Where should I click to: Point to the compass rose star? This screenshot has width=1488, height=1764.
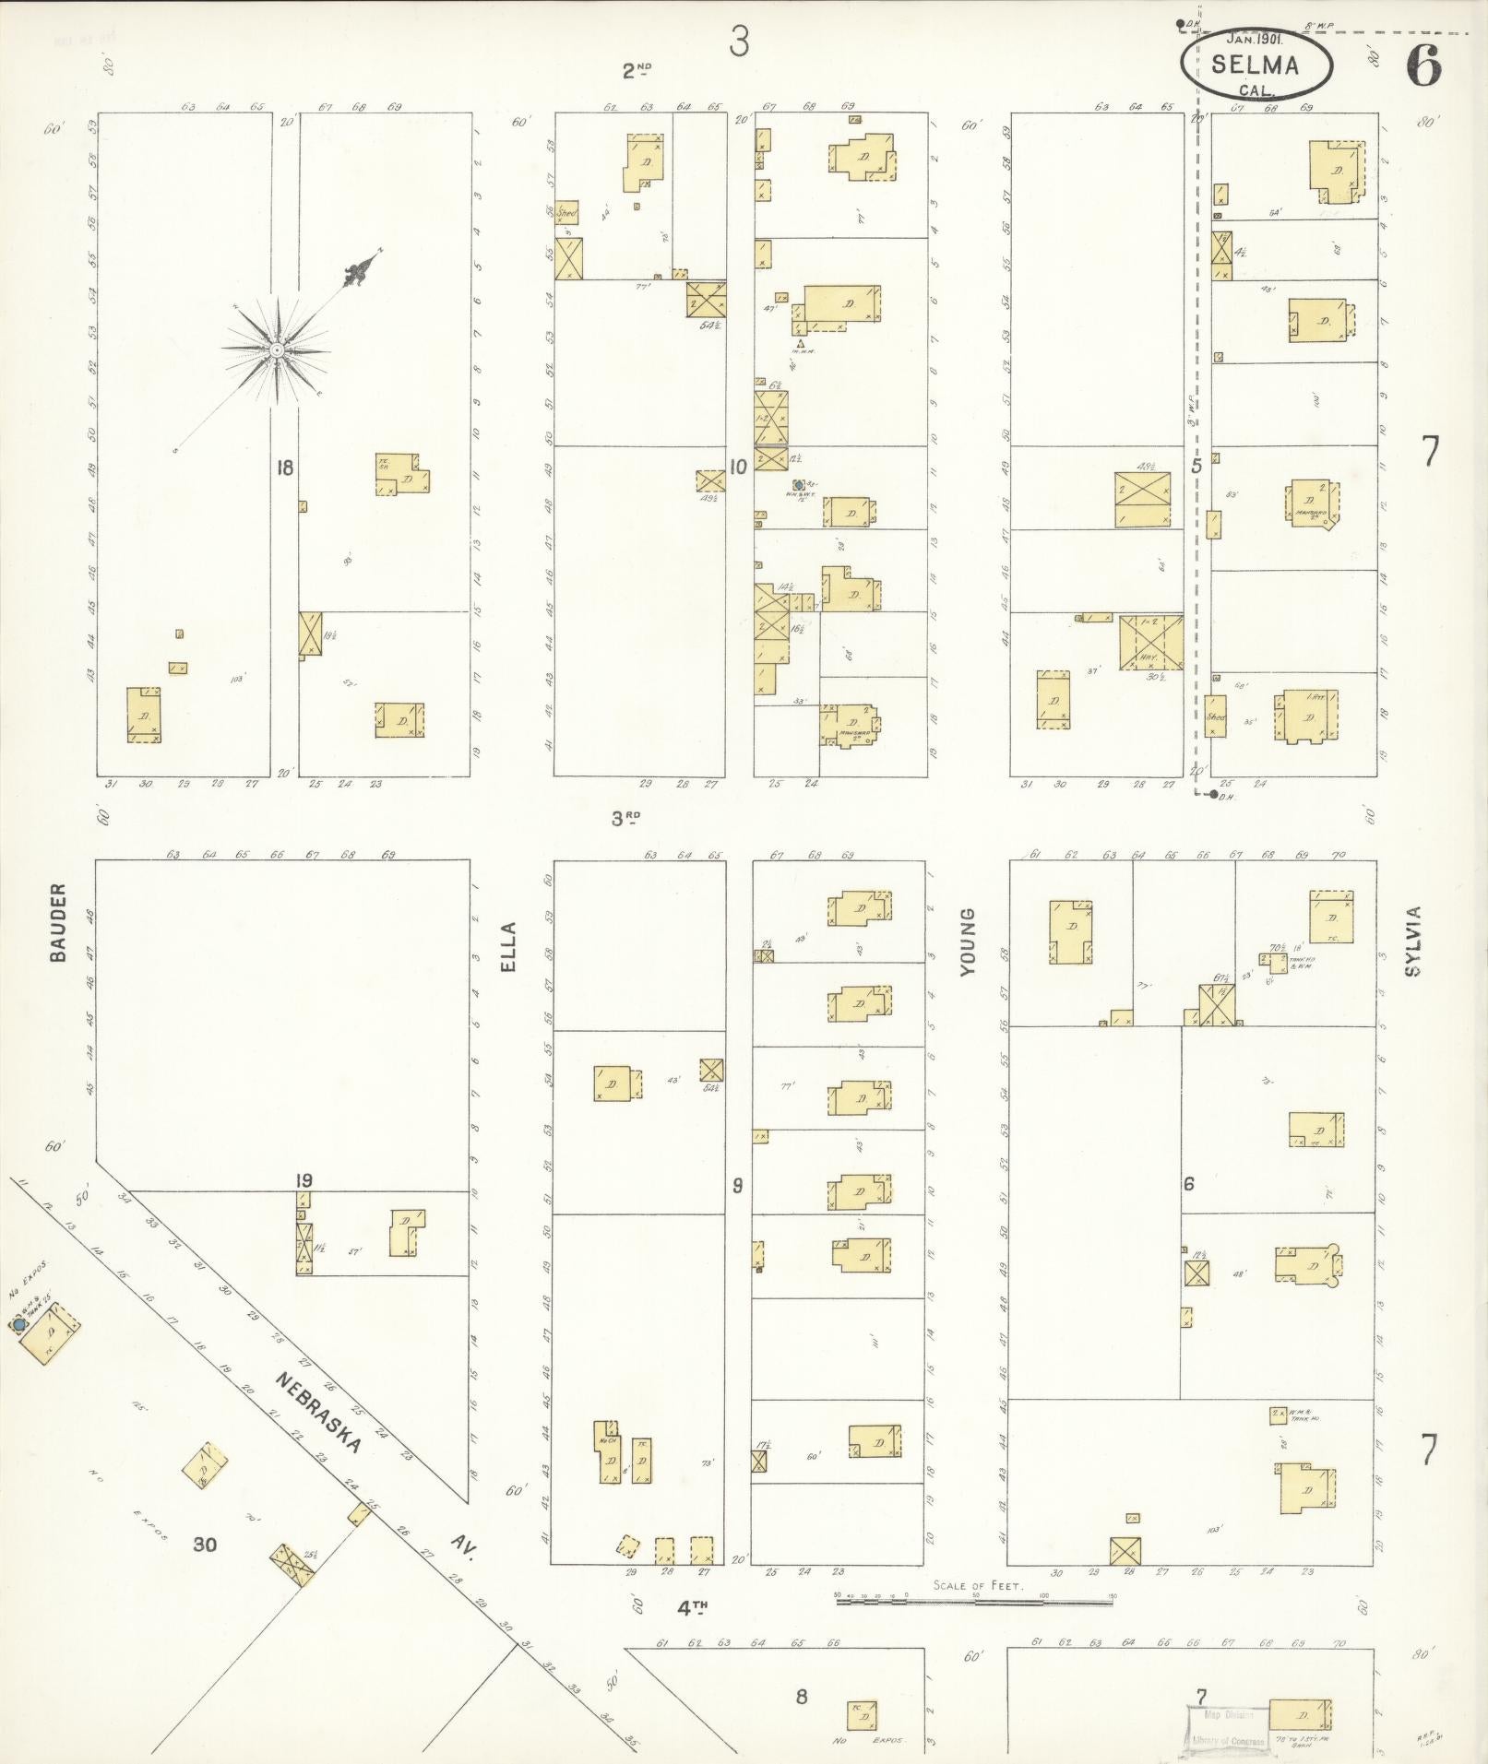pos(276,349)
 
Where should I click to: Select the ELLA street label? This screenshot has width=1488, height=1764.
pos(510,946)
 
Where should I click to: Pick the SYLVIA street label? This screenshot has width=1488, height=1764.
pos(1413,941)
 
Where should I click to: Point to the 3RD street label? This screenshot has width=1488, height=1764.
pos(625,817)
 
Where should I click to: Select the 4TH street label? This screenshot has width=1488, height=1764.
pos(692,1607)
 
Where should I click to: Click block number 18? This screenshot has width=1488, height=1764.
pos(284,468)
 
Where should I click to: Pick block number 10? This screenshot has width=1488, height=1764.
pos(738,468)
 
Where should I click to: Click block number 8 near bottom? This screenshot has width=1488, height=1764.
pos(801,1696)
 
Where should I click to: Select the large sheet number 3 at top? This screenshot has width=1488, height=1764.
pos(739,41)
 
